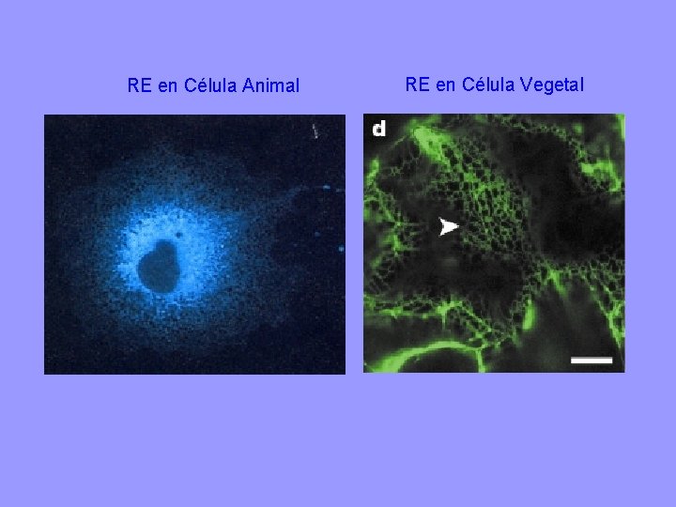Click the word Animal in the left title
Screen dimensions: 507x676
(270, 86)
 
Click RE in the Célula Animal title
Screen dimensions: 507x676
(140, 86)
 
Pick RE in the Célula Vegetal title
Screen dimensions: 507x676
(418, 85)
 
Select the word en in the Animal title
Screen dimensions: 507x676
(168, 86)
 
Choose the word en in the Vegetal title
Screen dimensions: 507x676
(446, 85)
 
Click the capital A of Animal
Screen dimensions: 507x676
(248, 86)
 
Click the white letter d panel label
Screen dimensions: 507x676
(377, 128)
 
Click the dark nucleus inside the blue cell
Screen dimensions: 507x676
(158, 266)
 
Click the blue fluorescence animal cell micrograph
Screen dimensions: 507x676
(194, 244)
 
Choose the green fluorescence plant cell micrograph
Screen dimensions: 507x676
(494, 244)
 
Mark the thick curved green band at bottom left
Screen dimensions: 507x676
(413, 355)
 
